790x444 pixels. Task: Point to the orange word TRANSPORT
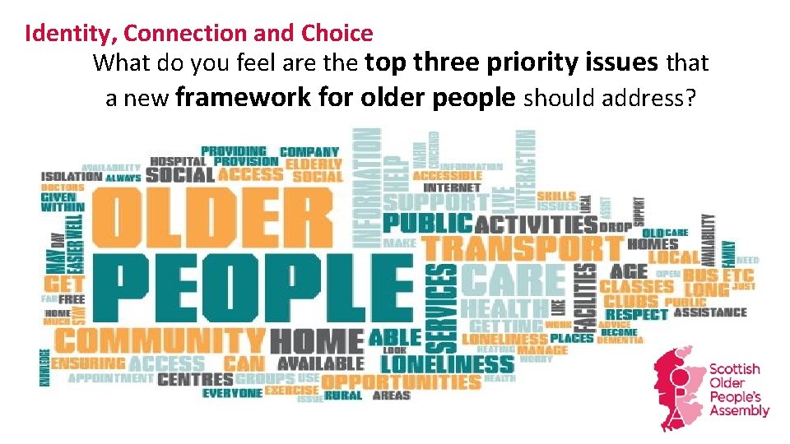click(x=523, y=246)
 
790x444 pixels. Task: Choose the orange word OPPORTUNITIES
click(x=401, y=382)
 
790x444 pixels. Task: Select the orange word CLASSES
click(x=636, y=286)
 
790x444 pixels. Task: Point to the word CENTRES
click(x=195, y=380)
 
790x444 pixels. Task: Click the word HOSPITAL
click(x=179, y=162)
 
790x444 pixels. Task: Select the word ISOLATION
click(x=72, y=176)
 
